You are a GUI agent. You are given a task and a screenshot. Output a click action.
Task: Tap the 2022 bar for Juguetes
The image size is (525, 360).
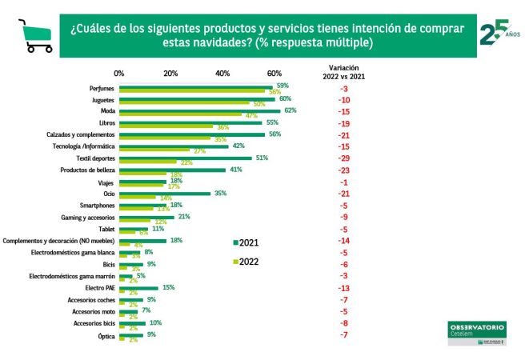point(184,104)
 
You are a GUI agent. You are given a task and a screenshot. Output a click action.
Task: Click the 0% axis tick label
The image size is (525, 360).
point(119,73)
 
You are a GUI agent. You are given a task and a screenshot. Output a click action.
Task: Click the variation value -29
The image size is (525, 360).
point(343,158)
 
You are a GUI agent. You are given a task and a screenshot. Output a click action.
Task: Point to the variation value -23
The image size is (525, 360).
point(343,170)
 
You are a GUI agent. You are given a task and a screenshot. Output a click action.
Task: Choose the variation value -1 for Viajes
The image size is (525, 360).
point(343,182)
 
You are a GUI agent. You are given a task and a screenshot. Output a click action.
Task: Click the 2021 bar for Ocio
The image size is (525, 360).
point(165,193)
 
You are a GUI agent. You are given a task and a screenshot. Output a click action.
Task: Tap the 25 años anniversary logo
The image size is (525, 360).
point(495,34)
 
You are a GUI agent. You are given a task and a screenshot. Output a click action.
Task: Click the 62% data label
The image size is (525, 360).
point(291,110)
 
